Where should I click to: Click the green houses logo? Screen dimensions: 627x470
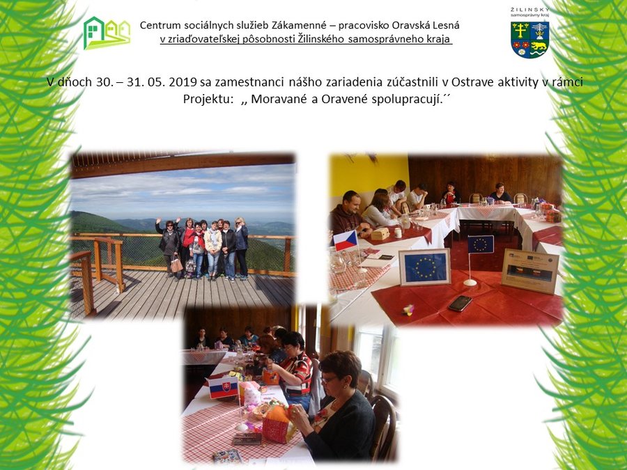[x=107, y=33]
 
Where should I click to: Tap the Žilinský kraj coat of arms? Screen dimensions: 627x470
[x=530, y=40]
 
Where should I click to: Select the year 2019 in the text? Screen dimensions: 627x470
[x=183, y=82]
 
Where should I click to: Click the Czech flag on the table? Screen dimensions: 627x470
[x=346, y=240]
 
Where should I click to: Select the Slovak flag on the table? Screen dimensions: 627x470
[x=223, y=387]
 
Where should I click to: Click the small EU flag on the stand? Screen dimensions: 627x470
[x=481, y=244]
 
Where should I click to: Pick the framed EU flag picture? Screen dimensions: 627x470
[x=425, y=267]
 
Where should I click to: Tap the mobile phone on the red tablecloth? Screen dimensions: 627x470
[x=460, y=304]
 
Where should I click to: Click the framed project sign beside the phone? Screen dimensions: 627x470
[x=530, y=272]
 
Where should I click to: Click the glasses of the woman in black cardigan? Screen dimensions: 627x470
[x=329, y=379]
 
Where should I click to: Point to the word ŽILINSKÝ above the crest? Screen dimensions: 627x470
[x=530, y=10]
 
